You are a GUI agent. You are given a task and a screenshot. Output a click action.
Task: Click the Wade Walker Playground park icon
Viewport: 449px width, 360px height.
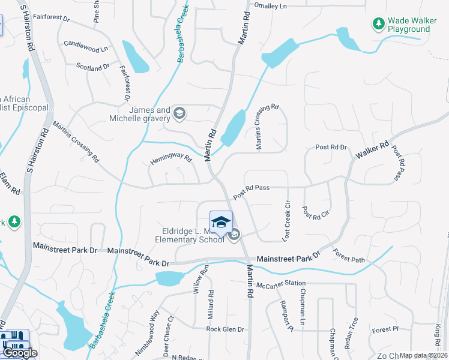(x=378, y=24)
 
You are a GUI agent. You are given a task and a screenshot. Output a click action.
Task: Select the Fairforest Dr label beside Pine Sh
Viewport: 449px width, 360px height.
(x=51, y=17)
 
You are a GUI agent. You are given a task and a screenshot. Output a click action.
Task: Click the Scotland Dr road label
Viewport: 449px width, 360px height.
(x=93, y=68)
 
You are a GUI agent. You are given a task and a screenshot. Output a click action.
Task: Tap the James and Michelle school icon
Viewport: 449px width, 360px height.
(x=179, y=113)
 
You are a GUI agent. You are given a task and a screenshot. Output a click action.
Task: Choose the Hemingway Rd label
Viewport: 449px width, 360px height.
(x=170, y=160)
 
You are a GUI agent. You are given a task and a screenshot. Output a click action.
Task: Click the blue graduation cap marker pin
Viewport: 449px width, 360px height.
(x=221, y=222)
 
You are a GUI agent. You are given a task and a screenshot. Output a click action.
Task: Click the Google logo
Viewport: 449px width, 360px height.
(x=19, y=353)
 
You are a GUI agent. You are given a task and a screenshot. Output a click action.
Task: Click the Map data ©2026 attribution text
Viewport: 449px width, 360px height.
(x=423, y=355)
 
